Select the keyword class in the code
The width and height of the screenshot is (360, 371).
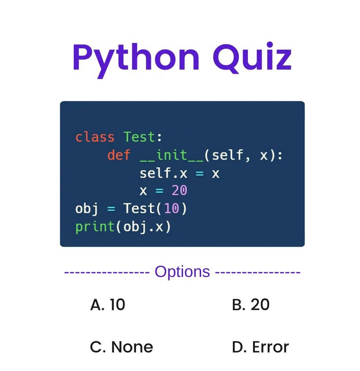pos(95,137)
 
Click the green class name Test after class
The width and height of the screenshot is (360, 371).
pos(139,137)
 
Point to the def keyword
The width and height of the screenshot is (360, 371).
pos(119,155)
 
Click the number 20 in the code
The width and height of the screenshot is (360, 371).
pos(179,190)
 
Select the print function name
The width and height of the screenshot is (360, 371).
pos(95,226)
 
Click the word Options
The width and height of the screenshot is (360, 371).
pos(182,272)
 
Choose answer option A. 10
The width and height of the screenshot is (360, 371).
pos(107,305)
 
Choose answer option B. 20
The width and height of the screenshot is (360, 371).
pos(251,305)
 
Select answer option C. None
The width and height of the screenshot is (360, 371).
pos(122,347)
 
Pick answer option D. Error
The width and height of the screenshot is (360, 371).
pos(260,347)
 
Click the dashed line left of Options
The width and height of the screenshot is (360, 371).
pos(106,273)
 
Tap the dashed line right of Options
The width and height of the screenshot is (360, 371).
pos(257,273)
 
